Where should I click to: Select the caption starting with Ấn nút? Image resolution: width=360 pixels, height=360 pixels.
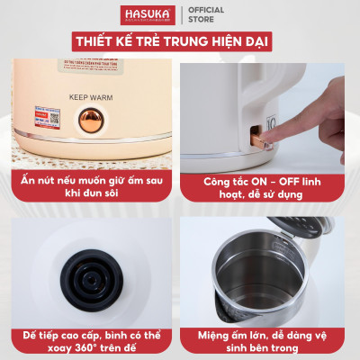[89, 184]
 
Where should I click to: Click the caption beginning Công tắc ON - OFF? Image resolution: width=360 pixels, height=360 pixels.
[270, 184]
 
